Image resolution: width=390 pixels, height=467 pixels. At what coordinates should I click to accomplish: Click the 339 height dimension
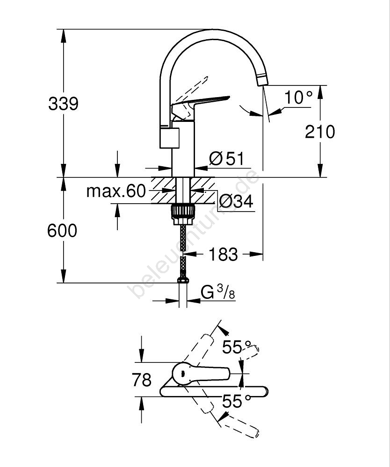[64, 104]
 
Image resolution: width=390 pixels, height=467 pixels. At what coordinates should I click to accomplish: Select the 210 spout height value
[320, 132]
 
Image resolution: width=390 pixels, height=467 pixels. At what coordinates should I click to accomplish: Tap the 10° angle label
[298, 98]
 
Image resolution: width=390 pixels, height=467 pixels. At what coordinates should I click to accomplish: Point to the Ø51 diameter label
[227, 159]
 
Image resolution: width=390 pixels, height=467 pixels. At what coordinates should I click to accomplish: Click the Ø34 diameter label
[236, 201]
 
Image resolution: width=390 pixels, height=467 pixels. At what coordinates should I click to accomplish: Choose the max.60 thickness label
[116, 191]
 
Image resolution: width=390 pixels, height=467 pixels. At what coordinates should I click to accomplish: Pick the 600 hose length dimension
[62, 231]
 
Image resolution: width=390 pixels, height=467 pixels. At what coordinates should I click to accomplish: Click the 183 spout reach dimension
[223, 255]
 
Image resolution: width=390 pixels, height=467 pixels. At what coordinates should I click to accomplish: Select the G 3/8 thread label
[218, 293]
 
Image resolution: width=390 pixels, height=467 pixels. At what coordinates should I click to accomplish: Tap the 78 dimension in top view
[141, 380]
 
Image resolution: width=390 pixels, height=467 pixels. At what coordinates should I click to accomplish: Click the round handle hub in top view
[182, 374]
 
